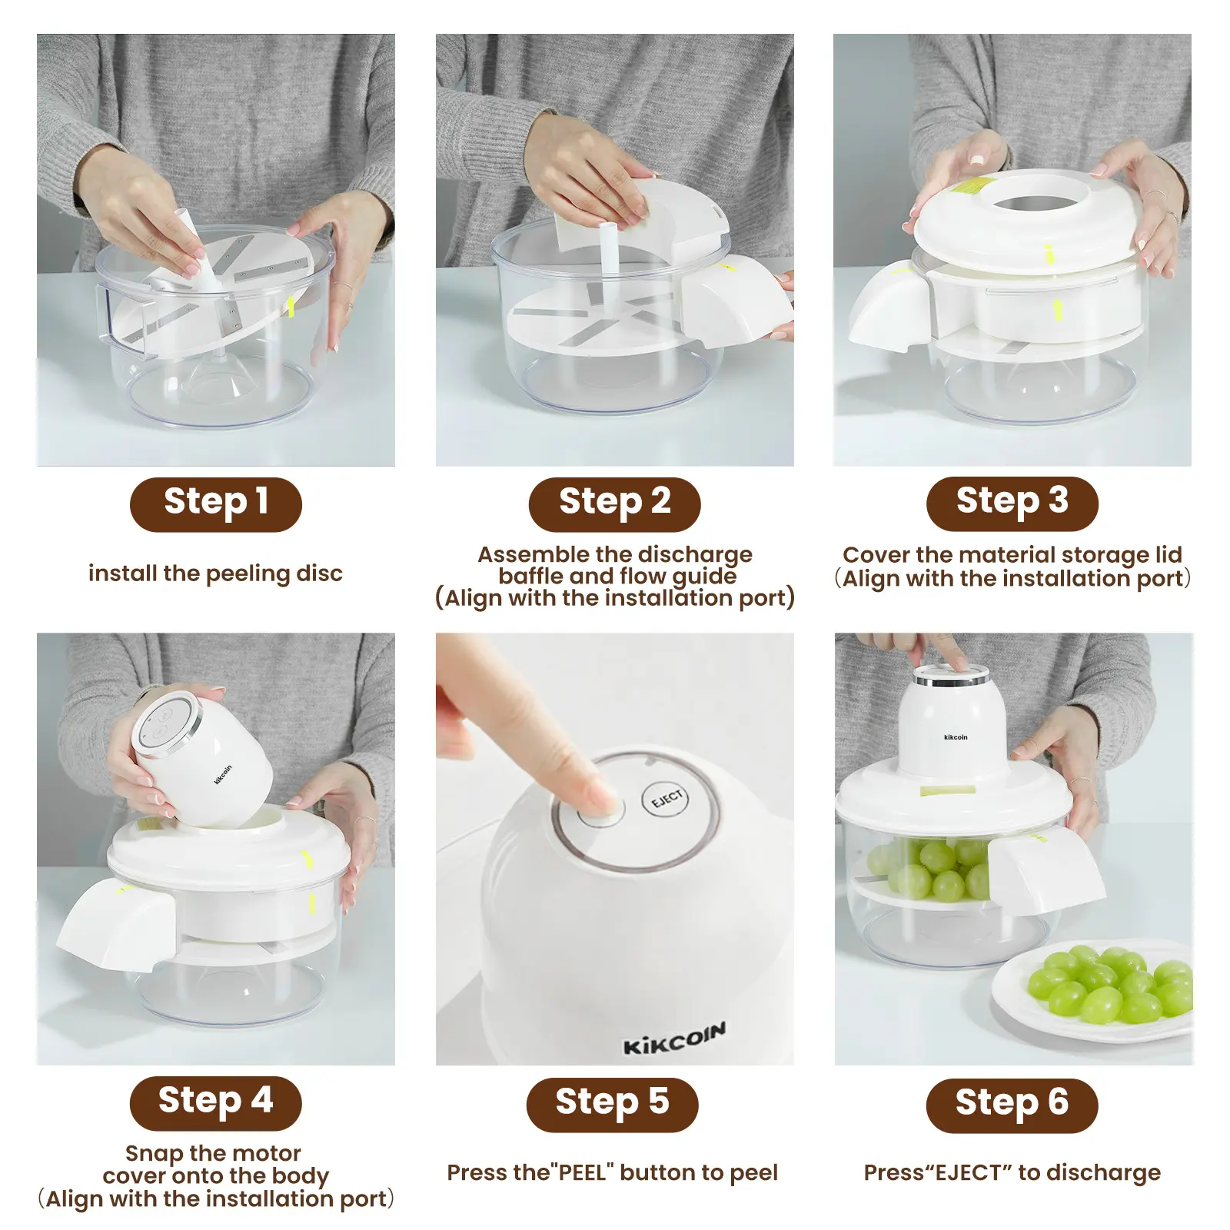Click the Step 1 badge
click(x=215, y=504)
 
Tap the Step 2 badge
click(x=614, y=504)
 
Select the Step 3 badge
click(x=1012, y=504)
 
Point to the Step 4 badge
click(x=215, y=1103)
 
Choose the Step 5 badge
click(x=613, y=1105)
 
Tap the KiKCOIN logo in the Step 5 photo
click(x=674, y=1039)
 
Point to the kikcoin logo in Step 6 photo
click(x=956, y=737)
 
